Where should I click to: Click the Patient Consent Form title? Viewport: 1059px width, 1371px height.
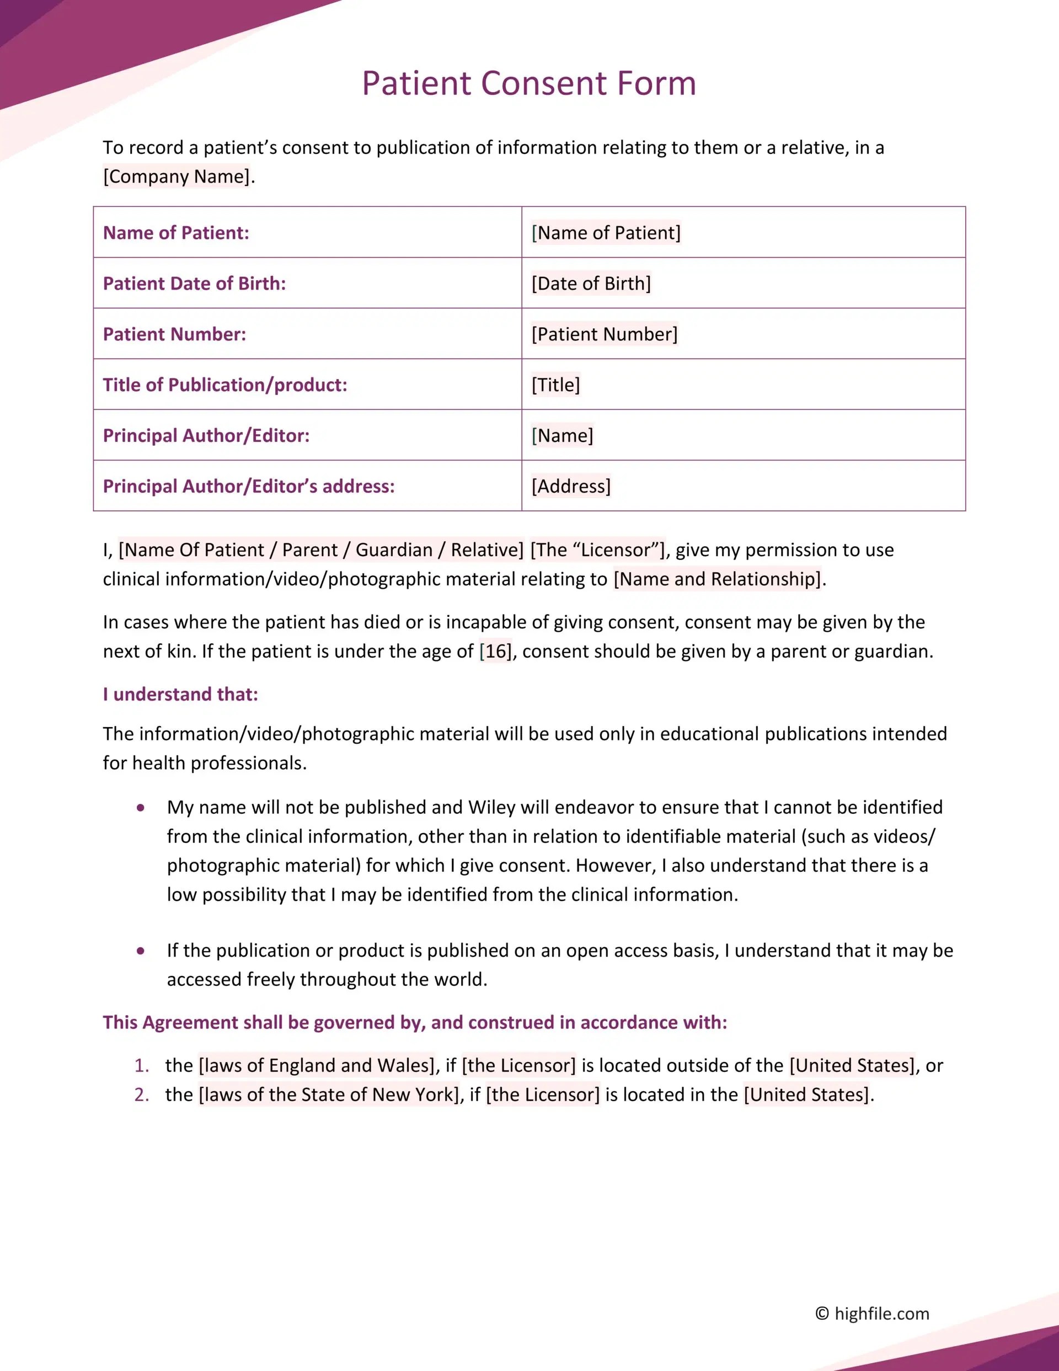click(x=528, y=83)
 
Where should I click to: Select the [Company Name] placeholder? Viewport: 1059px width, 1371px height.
click(x=176, y=177)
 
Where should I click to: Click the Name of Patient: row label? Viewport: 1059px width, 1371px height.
click(x=176, y=233)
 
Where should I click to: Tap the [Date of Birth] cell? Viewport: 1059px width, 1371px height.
click(x=591, y=284)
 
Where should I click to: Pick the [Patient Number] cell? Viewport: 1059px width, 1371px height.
click(x=604, y=334)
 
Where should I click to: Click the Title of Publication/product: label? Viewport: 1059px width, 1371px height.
click(x=224, y=385)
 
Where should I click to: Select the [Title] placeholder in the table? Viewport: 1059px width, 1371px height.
click(x=555, y=385)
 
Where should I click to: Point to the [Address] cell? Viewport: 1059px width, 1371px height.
click(x=571, y=486)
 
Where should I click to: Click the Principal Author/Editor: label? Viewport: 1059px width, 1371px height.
click(x=206, y=436)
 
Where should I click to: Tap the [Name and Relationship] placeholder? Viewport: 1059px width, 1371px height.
click(x=717, y=579)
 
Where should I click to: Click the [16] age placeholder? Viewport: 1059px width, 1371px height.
click(x=495, y=652)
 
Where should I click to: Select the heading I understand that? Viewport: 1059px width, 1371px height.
click(x=180, y=694)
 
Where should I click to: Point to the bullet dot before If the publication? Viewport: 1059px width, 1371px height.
click(x=141, y=951)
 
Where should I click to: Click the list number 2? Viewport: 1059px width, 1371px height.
click(x=141, y=1095)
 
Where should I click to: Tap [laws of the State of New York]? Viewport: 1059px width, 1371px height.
click(x=329, y=1095)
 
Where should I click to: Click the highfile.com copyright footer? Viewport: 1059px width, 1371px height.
click(x=872, y=1314)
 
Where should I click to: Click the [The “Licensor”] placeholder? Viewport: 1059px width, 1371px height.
click(x=597, y=550)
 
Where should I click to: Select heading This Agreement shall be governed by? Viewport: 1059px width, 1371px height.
click(x=414, y=1023)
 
